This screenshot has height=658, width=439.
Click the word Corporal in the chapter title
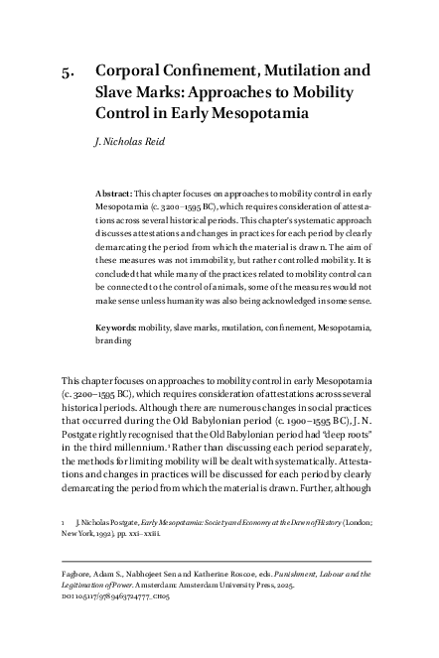(131, 71)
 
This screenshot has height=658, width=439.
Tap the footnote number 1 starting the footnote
(64, 518)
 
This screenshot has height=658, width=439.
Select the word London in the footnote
(353, 518)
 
